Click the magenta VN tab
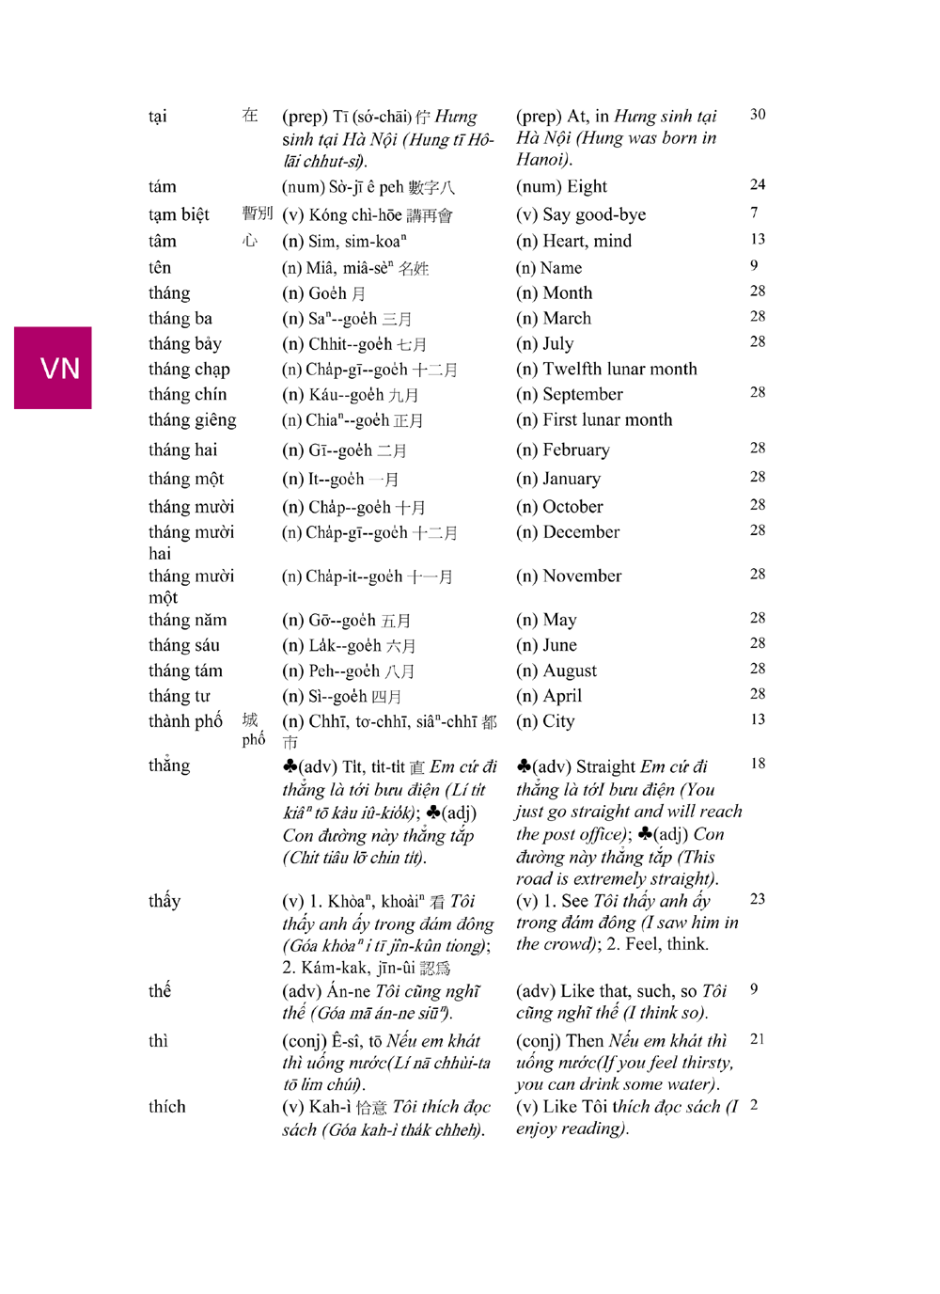pos(53,368)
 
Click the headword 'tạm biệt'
pos(179,214)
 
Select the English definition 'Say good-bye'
pos(594,214)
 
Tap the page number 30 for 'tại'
pos(758,115)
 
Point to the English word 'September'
pos(583,395)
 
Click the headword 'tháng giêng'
pos(192,420)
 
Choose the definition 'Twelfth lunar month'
pos(619,370)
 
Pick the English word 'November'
pos(582,576)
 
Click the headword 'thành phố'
pos(185,721)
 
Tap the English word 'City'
pos(558,721)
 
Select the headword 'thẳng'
pos(169,765)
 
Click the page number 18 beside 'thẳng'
pos(758,764)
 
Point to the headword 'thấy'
pos(164,901)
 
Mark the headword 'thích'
pos(167,1107)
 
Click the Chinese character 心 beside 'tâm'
pos(250,241)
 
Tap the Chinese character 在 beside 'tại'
pos(250,116)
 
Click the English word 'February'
pos(576,450)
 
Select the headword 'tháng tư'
pos(180,696)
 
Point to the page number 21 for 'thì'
pos(758,1039)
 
